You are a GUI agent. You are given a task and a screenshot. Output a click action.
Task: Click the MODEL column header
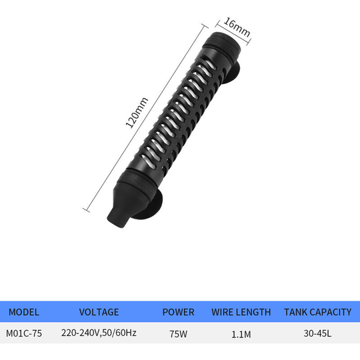point(24,312)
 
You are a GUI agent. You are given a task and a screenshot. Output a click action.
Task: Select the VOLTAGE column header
point(99,312)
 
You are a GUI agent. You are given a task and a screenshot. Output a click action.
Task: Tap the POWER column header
point(179,312)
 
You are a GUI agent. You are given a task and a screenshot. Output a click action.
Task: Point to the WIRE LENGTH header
point(241,312)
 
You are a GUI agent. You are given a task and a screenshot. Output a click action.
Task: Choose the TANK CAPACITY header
point(318,312)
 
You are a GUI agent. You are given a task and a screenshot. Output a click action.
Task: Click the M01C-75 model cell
point(24,333)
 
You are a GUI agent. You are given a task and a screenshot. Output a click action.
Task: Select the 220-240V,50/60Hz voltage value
point(99,333)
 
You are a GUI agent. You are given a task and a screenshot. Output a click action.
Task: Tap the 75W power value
point(179,334)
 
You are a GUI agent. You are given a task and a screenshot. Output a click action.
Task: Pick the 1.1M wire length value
point(241,334)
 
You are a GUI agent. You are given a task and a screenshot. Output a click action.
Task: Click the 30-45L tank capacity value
point(317,333)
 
